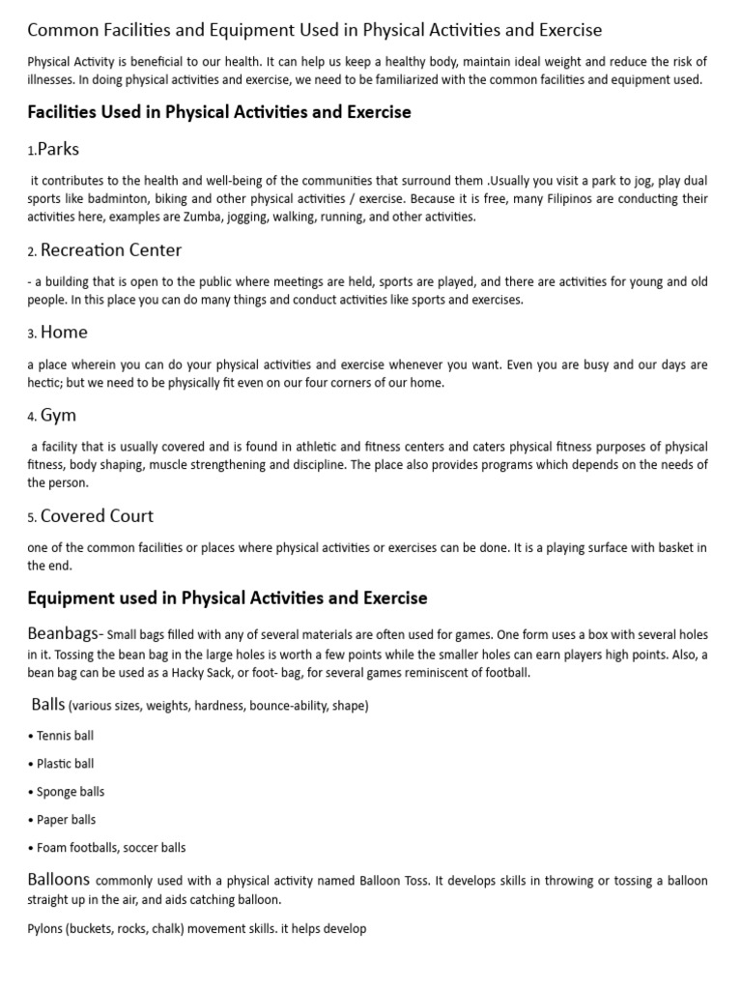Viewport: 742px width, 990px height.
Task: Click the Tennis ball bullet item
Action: [x=65, y=736]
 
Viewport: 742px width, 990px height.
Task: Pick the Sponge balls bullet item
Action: [x=71, y=792]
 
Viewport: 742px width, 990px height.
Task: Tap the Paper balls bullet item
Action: [x=66, y=820]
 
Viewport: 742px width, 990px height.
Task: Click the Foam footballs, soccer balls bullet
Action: [x=111, y=848]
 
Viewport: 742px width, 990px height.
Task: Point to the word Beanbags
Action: [x=64, y=634]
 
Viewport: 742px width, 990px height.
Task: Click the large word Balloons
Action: [x=59, y=880]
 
